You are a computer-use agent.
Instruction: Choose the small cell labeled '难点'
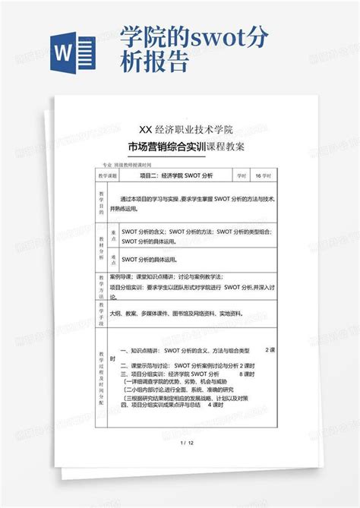pos(112,260)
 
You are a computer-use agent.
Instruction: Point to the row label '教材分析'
pos(101,247)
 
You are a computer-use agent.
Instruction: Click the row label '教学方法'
pos(101,286)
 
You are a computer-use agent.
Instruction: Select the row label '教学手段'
pos(101,311)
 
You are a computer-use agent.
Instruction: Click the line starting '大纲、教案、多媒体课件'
pos(185,312)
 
